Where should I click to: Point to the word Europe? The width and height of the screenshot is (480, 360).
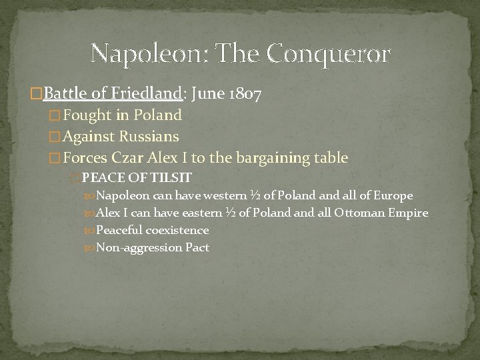[394, 195]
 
